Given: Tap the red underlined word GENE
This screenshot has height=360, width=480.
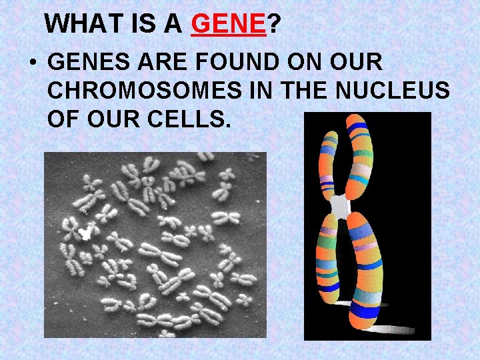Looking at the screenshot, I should (228, 25).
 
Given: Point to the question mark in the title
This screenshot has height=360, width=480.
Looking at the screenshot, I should (273, 25).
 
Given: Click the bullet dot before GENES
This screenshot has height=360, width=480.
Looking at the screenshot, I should (32, 64).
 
